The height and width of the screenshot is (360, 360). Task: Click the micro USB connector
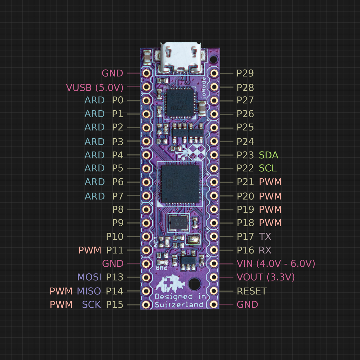coord(180,57)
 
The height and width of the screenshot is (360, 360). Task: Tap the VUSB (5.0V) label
coord(94,87)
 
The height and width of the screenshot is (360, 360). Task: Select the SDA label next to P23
coord(268,155)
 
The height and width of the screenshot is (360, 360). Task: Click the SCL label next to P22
coord(268,168)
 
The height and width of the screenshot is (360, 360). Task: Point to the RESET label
coord(251,291)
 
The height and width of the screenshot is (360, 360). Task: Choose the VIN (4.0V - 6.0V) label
coord(276,264)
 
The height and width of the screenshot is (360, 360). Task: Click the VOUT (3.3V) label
coord(265,277)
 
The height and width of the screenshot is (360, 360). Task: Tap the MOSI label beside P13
coord(89,277)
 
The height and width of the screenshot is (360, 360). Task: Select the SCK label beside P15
coord(91,304)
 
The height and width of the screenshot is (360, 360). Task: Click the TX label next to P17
coord(265,236)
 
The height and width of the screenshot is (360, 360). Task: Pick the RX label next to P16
coord(265,250)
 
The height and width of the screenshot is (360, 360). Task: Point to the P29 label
coord(245,73)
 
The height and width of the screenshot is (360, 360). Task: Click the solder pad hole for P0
coord(146,100)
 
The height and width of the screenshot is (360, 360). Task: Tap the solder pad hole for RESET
coord(214,291)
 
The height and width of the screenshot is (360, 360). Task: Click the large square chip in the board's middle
coord(180,183)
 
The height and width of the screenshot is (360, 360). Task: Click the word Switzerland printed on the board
coord(179,305)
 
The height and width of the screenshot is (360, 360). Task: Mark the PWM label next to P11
coord(90,250)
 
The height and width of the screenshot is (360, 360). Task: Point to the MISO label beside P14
coord(89,291)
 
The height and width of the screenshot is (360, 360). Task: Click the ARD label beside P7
coord(94,196)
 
